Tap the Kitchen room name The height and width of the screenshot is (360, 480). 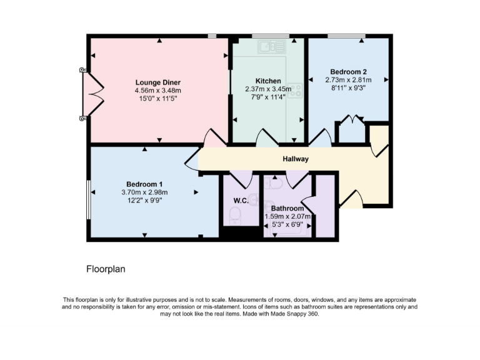coord(267,81)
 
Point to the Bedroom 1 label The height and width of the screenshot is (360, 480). coord(144,184)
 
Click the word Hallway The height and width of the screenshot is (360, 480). coord(295,159)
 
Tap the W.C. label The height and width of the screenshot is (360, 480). coord(241,201)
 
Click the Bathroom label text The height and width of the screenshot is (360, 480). coord(287,208)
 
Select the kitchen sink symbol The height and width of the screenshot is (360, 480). coord(272,45)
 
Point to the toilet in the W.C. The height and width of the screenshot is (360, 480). coord(235,216)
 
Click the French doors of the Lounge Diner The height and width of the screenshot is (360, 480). coord(92,93)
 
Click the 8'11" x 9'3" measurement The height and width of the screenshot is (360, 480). coord(348,88)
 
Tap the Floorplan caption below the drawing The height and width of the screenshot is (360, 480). coord(106,269)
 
